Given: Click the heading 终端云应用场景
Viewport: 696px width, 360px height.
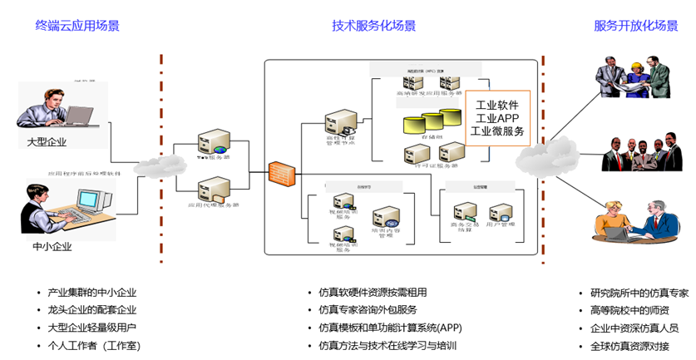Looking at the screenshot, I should click(77, 26).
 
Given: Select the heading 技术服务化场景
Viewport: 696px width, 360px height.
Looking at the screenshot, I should click(373, 26).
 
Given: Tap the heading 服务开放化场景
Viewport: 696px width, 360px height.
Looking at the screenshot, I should click(635, 26).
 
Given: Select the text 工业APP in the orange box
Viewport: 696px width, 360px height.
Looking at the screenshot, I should click(496, 118).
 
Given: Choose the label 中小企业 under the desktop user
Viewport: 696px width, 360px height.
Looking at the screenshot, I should click(53, 247).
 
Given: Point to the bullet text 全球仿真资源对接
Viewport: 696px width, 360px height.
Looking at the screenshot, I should click(629, 346).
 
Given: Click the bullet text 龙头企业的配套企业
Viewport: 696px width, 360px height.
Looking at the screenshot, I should click(91, 309).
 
